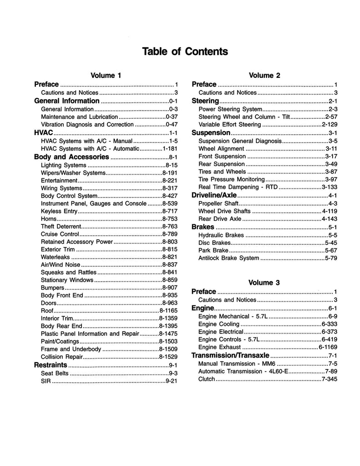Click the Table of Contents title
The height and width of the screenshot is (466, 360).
[185, 51]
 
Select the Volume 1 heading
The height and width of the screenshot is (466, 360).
[106, 76]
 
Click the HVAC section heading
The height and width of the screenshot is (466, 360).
[44, 133]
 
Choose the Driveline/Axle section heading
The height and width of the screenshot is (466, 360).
[214, 195]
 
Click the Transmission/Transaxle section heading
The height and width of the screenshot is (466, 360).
[231, 355]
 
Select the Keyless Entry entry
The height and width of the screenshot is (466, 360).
[59, 212]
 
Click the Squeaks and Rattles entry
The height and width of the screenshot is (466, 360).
[69, 272]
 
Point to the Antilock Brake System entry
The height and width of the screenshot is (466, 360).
[228, 258]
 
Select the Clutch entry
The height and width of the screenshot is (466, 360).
[207, 379]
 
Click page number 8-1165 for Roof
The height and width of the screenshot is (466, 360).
[167, 311]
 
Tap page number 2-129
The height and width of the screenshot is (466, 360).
[329, 124]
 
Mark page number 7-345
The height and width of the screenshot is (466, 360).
[329, 379]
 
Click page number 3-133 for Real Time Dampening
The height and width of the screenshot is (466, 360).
[329, 187]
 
